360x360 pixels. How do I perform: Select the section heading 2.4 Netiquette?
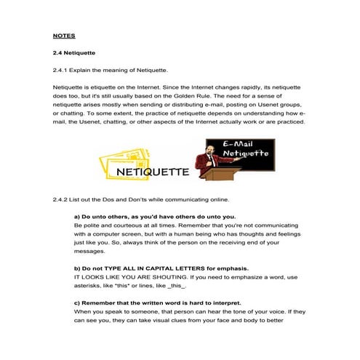[x=73, y=52]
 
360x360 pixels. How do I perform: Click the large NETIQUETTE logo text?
[x=151, y=172]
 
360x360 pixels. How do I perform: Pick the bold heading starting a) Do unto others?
[x=154, y=216]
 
